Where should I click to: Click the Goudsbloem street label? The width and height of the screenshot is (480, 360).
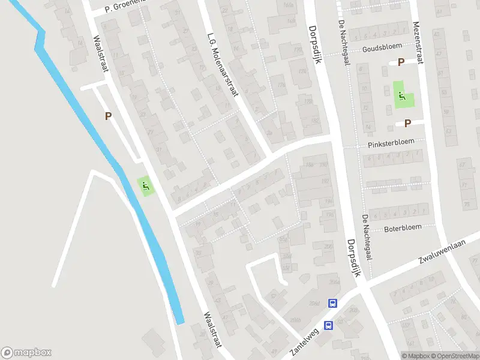(382, 49)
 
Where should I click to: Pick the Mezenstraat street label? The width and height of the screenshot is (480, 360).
(417, 42)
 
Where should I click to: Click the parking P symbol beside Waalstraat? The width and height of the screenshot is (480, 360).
(109, 116)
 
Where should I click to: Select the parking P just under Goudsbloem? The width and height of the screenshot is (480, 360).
(401, 62)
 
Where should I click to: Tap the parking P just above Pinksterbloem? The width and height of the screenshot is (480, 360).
(407, 124)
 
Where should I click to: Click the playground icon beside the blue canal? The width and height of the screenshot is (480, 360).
(145, 186)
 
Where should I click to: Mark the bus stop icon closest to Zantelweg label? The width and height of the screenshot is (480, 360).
(328, 325)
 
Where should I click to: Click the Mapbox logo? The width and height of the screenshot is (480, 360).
(26, 353)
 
